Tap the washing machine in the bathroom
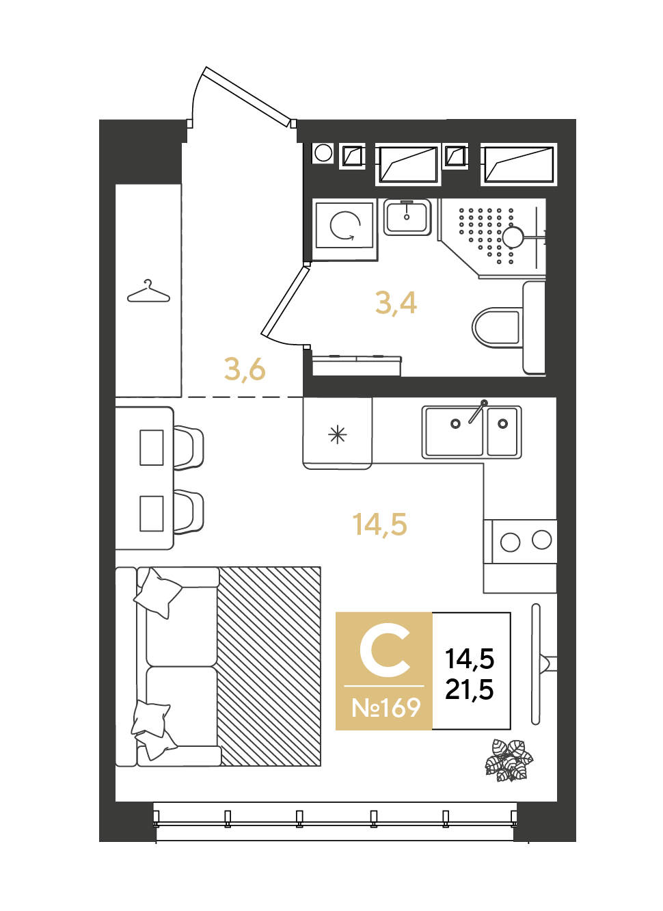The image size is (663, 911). point(344,225)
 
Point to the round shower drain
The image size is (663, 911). point(513,237)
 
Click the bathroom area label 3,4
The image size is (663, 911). point(396,304)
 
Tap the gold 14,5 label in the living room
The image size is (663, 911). point(379,524)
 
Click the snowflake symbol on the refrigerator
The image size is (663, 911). point(338,435)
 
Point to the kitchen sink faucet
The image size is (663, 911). point(478,411)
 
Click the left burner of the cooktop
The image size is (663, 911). point(510,542)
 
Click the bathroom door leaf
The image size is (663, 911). point(285,302)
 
